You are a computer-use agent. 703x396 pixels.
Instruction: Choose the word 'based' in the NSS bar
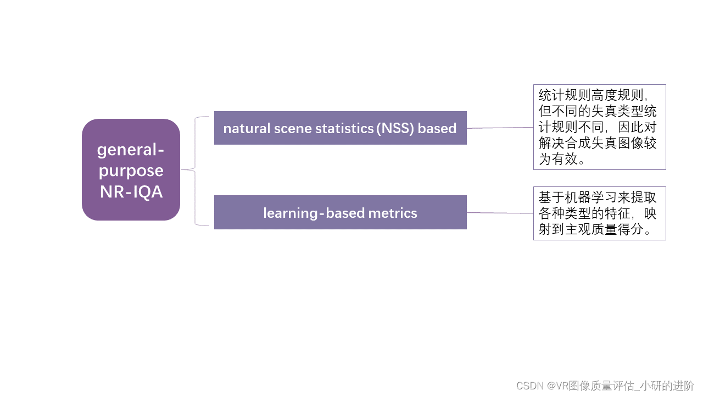437,129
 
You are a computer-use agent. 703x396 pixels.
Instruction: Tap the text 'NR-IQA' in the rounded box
131,192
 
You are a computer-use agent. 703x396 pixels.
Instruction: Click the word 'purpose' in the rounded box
131,171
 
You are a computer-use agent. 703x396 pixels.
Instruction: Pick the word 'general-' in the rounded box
131,150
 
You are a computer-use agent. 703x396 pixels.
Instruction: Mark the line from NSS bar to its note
500,128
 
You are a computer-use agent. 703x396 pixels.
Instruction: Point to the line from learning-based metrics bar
500,213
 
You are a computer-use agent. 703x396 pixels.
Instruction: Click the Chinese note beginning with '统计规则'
599,127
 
